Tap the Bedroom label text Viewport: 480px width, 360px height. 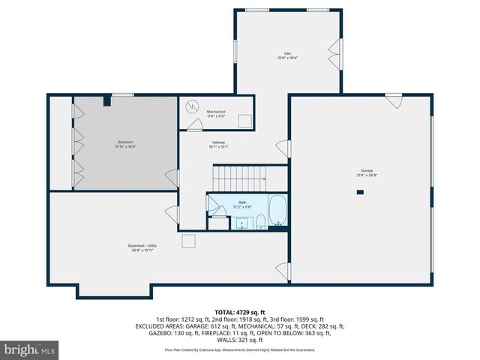click(x=125, y=142)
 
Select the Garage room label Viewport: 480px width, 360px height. click(x=366, y=170)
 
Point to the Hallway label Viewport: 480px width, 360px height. click(x=218, y=142)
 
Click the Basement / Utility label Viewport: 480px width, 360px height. click(x=142, y=245)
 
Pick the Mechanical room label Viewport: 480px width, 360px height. click(x=216, y=112)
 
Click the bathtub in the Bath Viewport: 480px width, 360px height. click(x=277, y=211)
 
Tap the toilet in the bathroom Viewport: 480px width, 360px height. click(x=259, y=220)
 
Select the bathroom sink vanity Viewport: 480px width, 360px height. click(x=242, y=223)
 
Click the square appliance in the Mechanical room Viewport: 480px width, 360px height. click(x=244, y=122)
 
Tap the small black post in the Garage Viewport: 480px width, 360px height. click(x=360, y=193)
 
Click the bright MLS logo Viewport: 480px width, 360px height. click(x=30, y=349)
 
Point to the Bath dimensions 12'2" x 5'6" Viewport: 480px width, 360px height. click(x=242, y=206)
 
